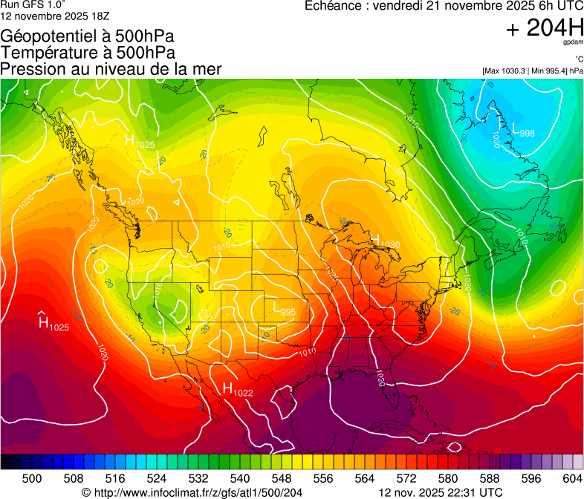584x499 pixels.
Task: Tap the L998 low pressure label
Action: tap(523, 129)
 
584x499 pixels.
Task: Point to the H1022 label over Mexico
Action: tap(238, 389)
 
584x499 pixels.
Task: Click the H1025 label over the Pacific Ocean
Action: tap(53, 324)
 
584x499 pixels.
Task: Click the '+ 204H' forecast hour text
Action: tap(543, 28)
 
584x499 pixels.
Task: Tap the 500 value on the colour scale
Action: tap(33, 478)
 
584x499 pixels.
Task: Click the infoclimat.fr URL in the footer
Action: tap(198, 492)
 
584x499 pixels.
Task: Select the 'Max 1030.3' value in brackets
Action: tap(506, 71)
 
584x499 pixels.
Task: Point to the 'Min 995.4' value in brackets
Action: tap(550, 71)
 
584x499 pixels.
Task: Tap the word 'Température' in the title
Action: tap(47, 52)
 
